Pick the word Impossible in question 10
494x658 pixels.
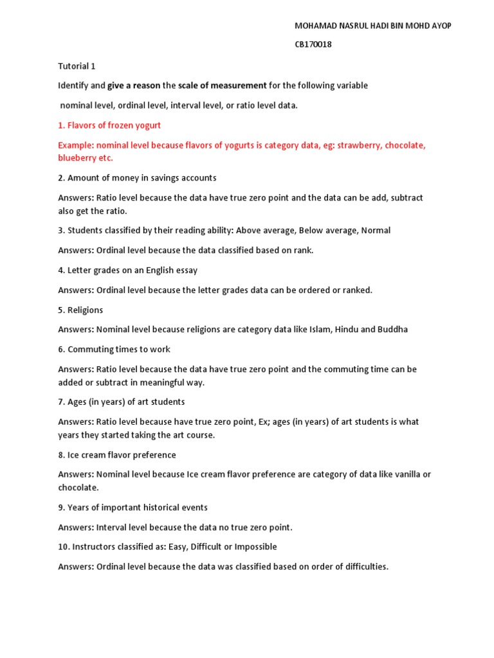pos(257,547)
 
